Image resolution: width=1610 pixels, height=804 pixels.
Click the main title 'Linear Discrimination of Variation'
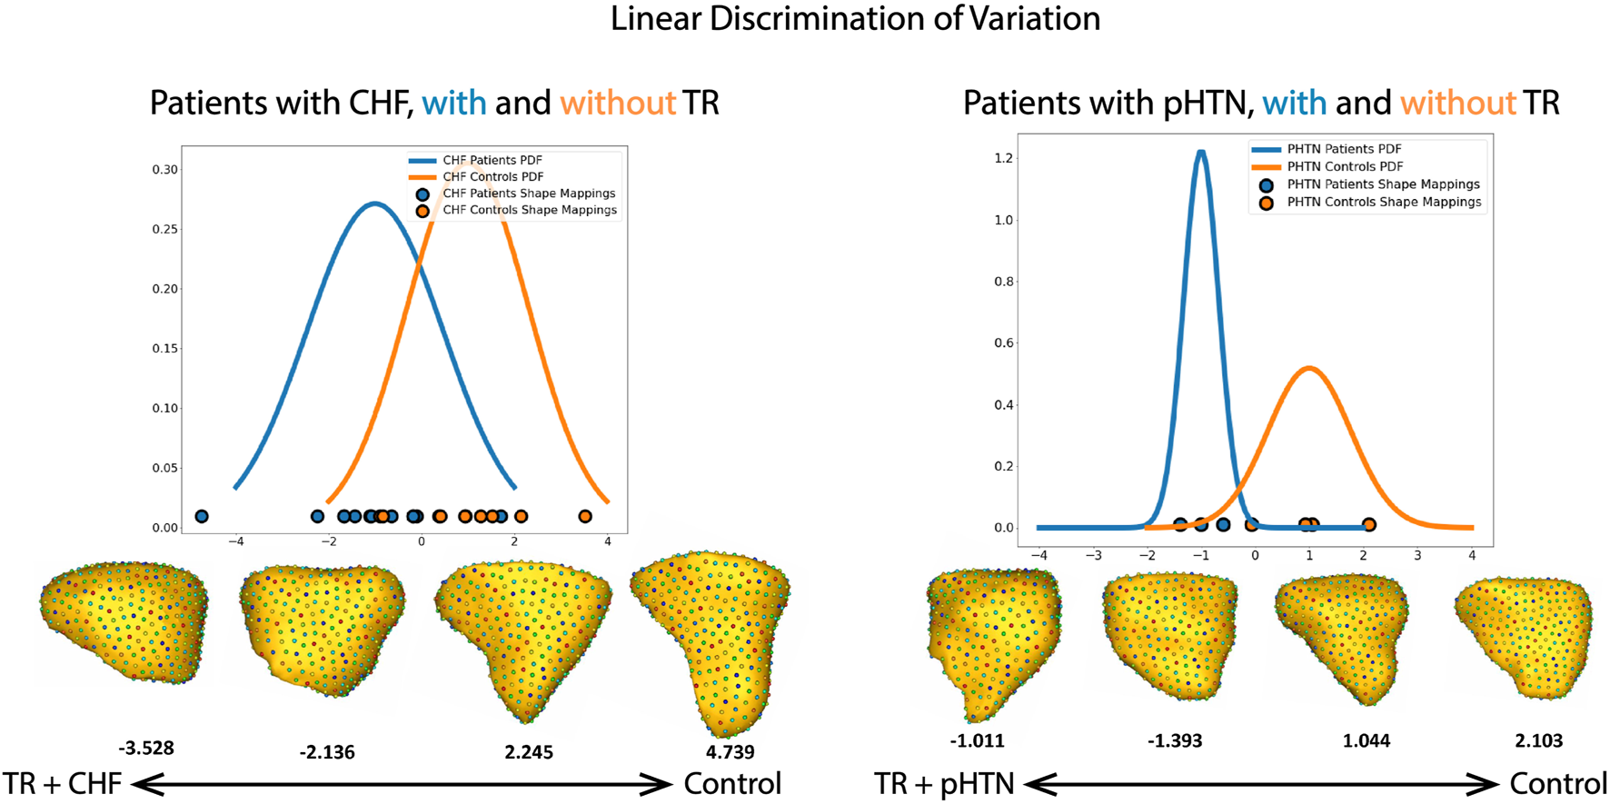pos(855,19)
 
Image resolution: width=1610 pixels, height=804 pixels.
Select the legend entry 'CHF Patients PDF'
pos(492,160)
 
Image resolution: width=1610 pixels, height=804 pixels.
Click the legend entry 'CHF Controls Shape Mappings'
pos(529,210)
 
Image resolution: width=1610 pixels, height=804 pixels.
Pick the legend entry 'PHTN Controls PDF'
pos(1345,166)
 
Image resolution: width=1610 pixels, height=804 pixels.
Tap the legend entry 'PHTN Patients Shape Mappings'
pos(1383,184)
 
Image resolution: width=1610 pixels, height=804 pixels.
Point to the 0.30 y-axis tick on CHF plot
pos(164,170)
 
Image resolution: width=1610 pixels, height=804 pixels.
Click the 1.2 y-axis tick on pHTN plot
pos(1003,158)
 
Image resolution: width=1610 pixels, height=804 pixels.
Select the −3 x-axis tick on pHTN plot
pos(1093,555)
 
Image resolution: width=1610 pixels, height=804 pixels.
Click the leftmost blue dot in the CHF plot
pos(202,516)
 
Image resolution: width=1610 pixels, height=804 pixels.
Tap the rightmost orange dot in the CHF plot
pos(585,516)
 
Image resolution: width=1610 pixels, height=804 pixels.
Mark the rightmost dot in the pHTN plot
pos(1368,524)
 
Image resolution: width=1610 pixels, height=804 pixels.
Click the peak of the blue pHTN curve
pos(1201,152)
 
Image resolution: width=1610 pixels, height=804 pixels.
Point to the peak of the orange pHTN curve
pos(1308,368)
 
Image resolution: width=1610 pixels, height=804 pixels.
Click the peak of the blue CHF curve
pos(375,203)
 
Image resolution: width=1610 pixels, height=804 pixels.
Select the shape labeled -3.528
pos(124,621)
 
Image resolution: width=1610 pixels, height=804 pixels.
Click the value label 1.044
pos(1366,741)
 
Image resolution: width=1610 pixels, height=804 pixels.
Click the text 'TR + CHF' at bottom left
pos(62,783)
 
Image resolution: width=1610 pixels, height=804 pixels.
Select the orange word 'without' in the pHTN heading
pos(1457,103)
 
